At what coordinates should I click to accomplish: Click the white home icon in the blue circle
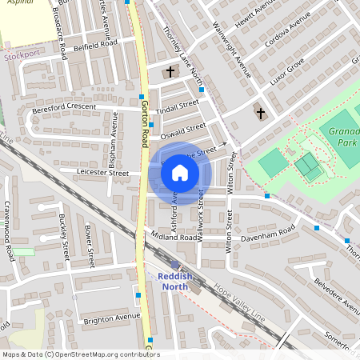pos(180,172)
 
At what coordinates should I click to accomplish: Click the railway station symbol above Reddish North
pos(175,265)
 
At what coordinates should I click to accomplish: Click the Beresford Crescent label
pos(63,107)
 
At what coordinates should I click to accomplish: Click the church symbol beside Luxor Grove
pos(260,113)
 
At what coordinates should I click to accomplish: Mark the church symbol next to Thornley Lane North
pos(169,73)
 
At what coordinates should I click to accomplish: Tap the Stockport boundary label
pos(21,56)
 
